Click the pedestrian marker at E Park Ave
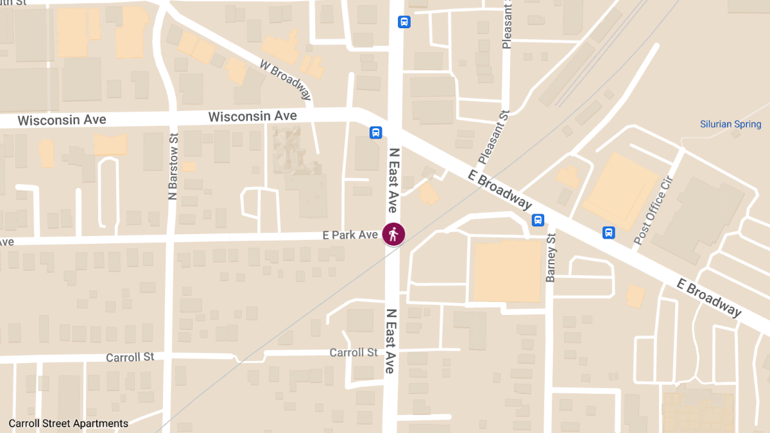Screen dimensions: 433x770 [x=393, y=234]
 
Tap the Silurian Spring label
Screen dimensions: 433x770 [x=730, y=124]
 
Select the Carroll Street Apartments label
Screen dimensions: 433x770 [x=69, y=423]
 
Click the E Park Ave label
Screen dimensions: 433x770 [x=350, y=235]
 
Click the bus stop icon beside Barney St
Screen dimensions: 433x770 [x=538, y=220]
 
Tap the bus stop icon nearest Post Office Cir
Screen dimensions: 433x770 [x=608, y=232]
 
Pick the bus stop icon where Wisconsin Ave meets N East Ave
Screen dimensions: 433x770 [x=375, y=133]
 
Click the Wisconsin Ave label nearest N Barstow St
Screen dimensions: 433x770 [x=62, y=120]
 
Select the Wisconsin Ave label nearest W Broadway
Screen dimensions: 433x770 [x=252, y=116]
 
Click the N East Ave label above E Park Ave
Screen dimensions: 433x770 [x=393, y=180]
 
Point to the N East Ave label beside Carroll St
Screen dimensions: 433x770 [x=389, y=341]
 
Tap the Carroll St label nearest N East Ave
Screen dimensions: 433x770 [x=354, y=352]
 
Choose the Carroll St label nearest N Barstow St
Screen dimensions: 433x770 [x=130, y=357]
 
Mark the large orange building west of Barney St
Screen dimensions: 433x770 [x=507, y=270]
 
